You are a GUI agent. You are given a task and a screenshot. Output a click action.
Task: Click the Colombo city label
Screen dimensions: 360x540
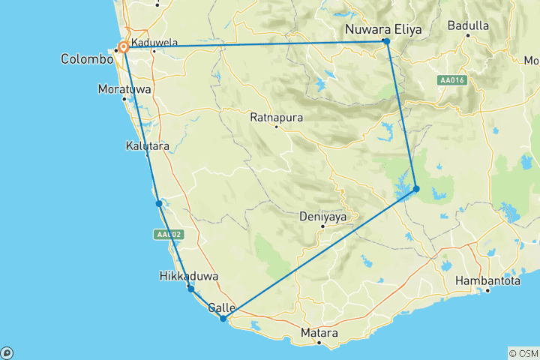tap(87, 59)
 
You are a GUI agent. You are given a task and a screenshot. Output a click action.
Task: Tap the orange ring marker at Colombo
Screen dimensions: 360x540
tap(124, 48)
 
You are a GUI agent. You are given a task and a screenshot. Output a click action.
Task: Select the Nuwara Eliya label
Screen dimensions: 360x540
tap(383, 29)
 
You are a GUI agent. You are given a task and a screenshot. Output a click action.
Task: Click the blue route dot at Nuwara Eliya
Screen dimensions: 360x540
tap(386, 41)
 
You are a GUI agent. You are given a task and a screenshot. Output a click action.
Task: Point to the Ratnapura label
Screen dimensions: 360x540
tap(276, 118)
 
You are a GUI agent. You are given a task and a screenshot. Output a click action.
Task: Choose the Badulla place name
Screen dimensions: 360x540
tap(468, 25)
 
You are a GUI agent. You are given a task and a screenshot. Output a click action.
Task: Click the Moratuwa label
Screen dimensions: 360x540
tap(124, 89)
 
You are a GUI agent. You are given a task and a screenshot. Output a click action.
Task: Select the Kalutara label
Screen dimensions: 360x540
tap(147, 145)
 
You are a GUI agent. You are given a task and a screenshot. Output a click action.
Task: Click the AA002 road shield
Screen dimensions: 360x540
tap(169, 235)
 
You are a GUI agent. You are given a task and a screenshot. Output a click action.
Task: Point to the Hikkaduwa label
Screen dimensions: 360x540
tap(189, 276)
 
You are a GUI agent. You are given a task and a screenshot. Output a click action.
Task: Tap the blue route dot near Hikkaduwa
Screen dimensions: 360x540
tap(191, 289)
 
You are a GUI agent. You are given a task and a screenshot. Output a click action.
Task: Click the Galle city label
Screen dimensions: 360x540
tap(221, 307)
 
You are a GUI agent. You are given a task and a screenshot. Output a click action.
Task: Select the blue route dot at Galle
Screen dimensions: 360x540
tap(223, 319)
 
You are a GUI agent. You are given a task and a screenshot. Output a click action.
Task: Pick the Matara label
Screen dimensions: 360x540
tap(319, 332)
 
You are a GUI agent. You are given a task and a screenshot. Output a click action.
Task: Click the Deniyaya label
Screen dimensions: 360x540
tap(322, 217)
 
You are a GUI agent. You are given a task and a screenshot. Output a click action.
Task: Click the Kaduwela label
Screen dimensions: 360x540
tap(154, 43)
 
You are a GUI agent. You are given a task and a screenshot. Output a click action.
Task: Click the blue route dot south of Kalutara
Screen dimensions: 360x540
tap(159, 203)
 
